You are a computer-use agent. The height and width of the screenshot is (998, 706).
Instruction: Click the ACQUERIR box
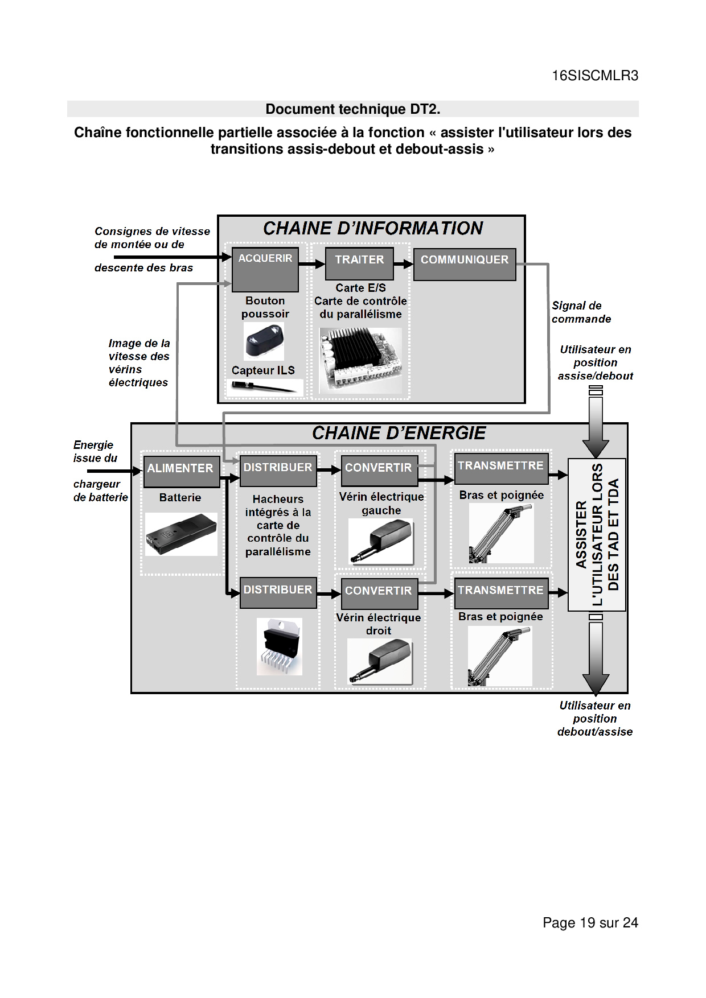pos(265,270)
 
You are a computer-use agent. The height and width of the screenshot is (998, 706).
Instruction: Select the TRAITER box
pos(359,263)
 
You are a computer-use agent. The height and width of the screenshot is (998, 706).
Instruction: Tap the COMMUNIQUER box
pos(465,264)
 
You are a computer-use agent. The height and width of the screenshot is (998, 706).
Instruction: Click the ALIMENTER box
pos(181,471)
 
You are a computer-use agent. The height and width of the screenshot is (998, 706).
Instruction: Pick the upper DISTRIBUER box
pos(278,471)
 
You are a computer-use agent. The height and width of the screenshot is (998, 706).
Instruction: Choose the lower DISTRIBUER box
pos(278,592)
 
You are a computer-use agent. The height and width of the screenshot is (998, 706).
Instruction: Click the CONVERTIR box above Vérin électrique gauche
pos(379,471)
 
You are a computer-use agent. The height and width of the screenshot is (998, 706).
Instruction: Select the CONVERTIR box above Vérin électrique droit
pos(379,593)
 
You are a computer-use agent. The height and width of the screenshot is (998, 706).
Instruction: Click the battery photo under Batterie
pos(181,534)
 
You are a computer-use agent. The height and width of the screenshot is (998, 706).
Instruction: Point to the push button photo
pos(264,341)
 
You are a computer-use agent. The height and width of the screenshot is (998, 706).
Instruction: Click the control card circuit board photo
pos(360,360)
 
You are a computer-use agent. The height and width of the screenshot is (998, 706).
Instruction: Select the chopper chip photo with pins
pos(279,646)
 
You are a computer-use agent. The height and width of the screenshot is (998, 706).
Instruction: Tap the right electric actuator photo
pos(380,661)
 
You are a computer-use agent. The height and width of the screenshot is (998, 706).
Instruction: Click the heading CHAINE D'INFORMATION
pos(373,228)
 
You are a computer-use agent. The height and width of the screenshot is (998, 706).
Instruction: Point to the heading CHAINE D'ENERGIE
pos(399,433)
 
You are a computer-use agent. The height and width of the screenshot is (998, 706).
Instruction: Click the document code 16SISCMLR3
pos(595,76)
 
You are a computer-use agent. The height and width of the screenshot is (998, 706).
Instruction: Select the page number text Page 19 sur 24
pos(590,922)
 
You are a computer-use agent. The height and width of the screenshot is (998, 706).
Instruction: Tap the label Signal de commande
pos(581,312)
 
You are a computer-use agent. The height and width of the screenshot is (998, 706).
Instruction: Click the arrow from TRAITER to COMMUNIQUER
pos(404,264)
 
